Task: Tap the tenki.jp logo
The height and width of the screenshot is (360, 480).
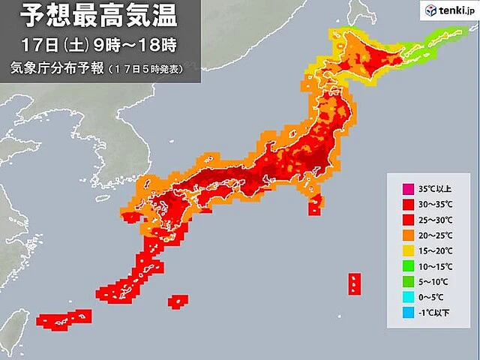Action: pos(447,11)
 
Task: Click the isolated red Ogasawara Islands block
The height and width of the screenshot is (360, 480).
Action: pos(353,283)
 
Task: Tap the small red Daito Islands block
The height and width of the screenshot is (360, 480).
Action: pos(178,301)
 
